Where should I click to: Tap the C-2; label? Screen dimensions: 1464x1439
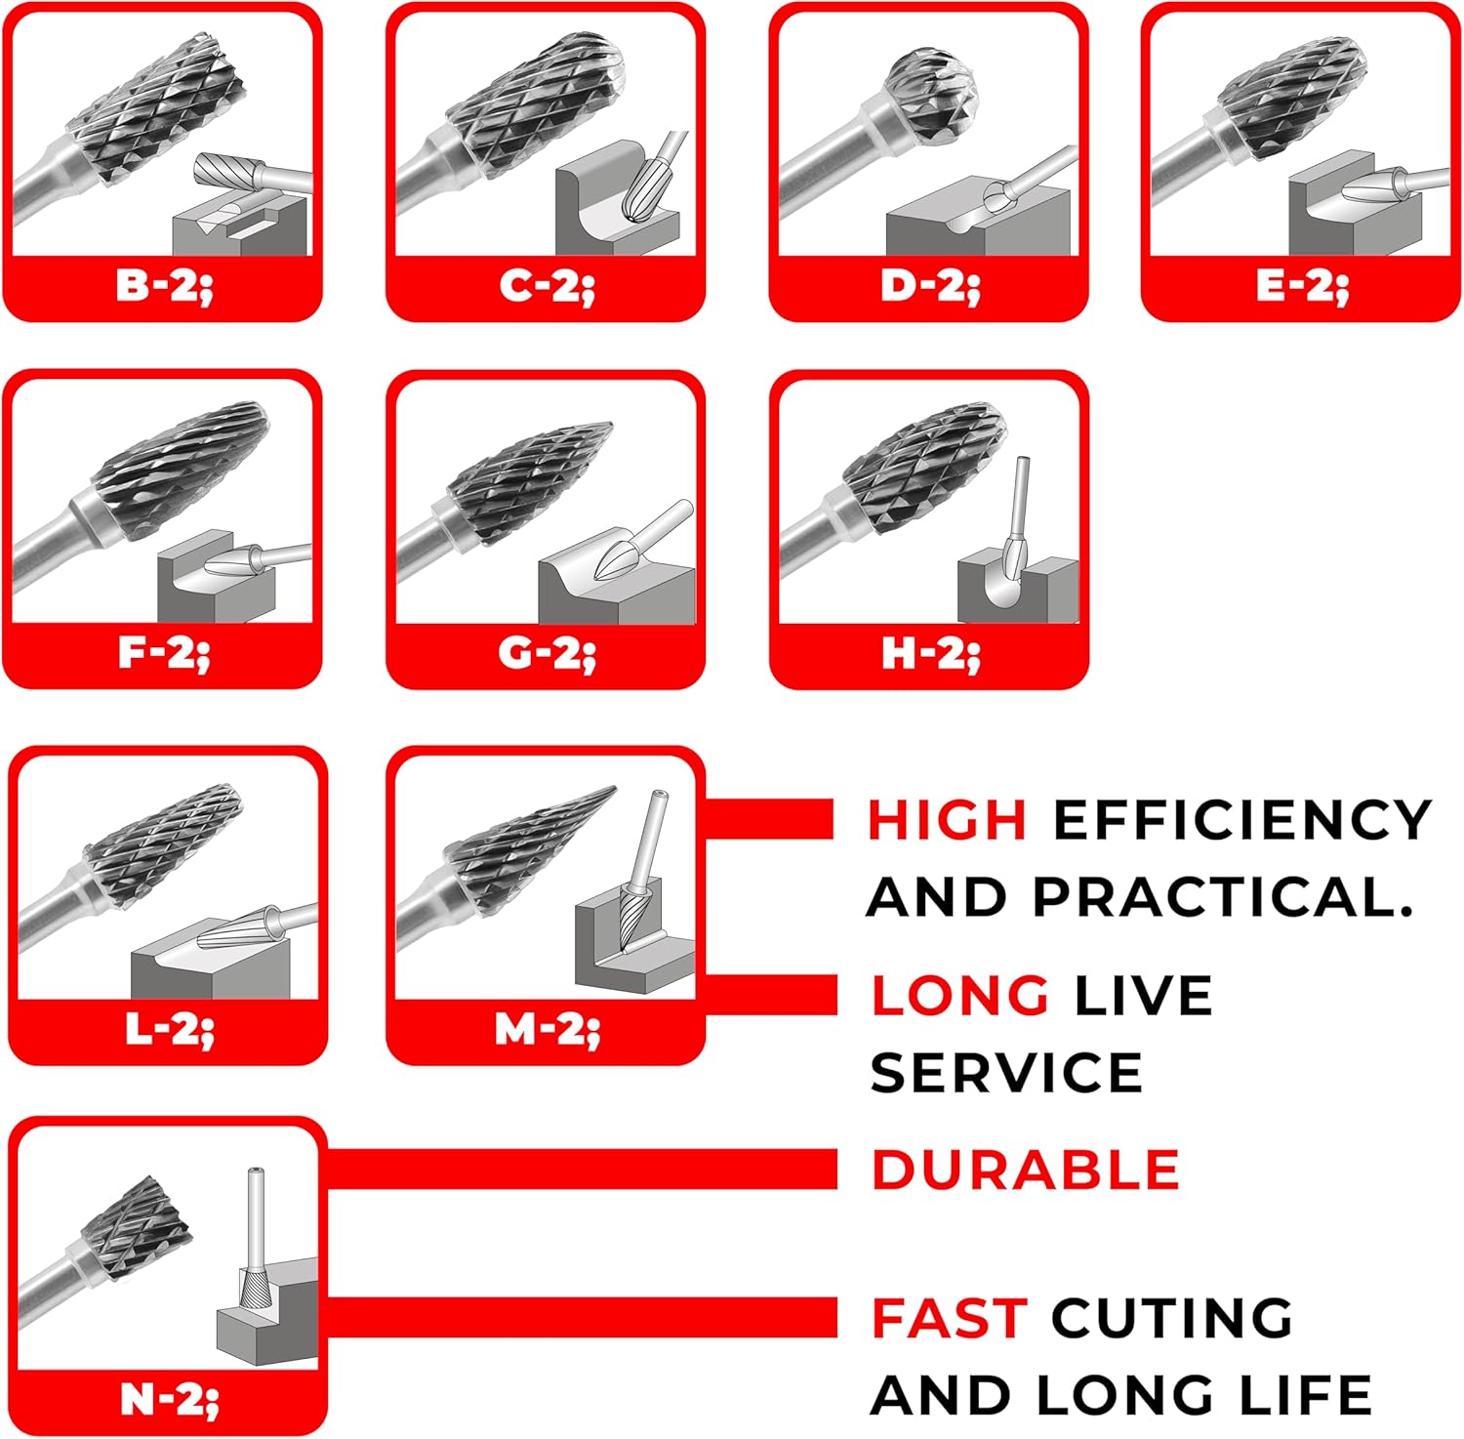pos(547,286)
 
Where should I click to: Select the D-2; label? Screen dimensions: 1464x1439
pos(930,286)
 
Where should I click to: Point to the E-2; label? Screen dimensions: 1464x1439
pos(1302,286)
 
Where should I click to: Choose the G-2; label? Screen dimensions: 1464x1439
pos(547,653)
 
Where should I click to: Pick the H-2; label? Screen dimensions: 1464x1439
pos(930,653)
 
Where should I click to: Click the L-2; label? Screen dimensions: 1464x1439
pos(169,1029)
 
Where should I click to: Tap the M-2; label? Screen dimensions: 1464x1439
pos(547,1029)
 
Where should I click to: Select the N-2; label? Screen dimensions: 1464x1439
pos(169,1400)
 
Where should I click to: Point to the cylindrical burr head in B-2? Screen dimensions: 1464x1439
pos(156,103)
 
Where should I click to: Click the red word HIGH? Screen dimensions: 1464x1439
pos(947,819)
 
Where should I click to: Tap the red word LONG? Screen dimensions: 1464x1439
pos(960,996)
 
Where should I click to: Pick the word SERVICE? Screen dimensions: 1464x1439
pos(1006,1073)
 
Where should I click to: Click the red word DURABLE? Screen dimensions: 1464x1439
pos(1025,1170)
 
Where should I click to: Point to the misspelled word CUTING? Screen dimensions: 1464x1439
pos(1172,1318)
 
